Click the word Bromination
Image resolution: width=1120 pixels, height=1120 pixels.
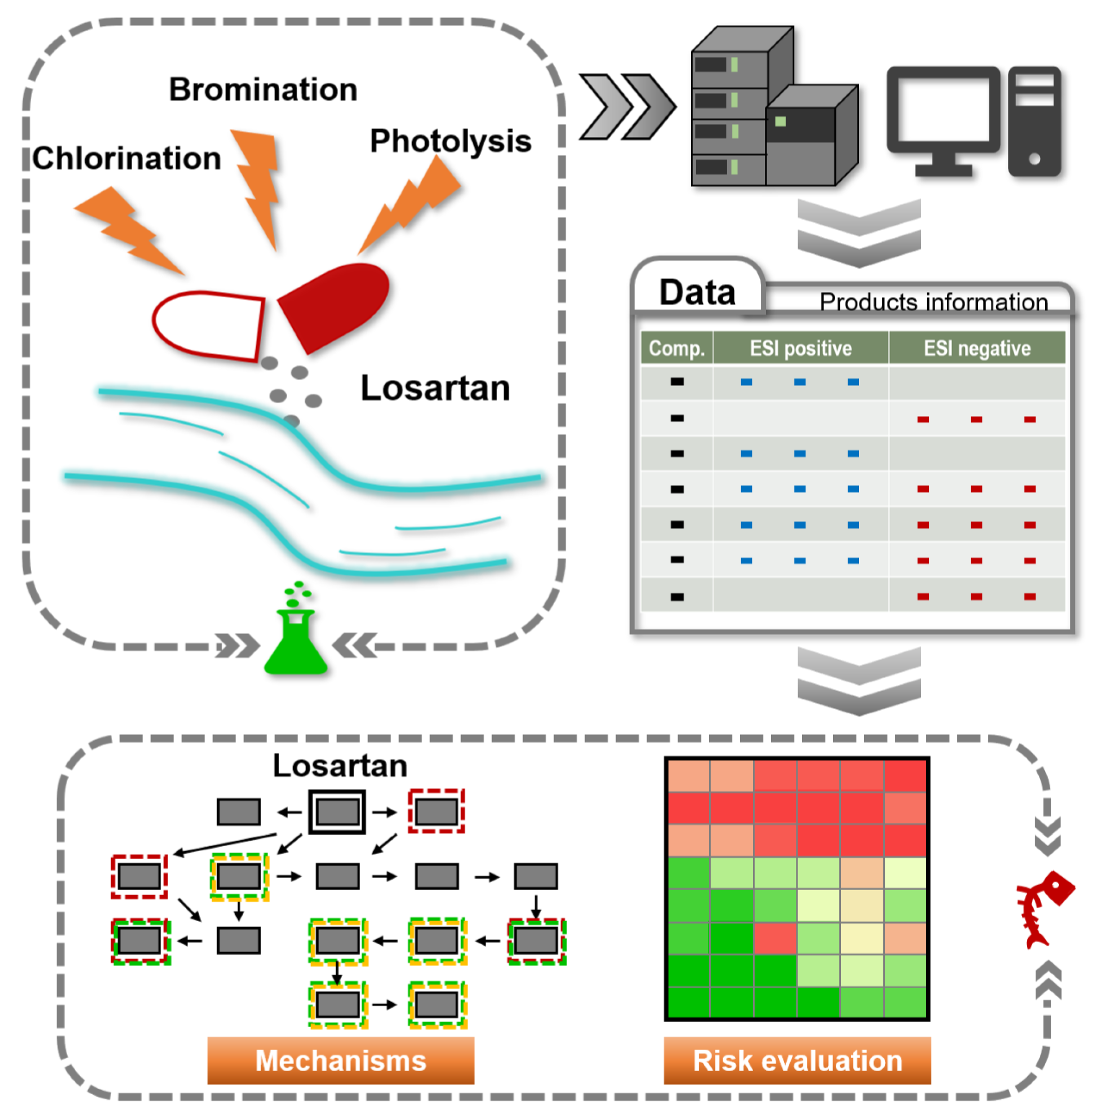pos(263,89)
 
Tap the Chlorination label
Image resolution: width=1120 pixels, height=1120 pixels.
pos(127,158)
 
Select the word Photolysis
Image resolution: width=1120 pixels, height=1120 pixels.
pos(451,141)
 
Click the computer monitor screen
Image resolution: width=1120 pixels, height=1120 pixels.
pos(943,110)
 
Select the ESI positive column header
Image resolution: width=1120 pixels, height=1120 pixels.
pos(801,348)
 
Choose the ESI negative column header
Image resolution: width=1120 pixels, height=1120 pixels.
pos(977,348)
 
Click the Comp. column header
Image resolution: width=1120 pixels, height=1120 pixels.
pos(677,348)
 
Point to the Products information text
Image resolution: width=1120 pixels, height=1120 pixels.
pos(933,302)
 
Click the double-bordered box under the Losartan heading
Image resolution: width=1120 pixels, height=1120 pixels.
pos(337,811)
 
